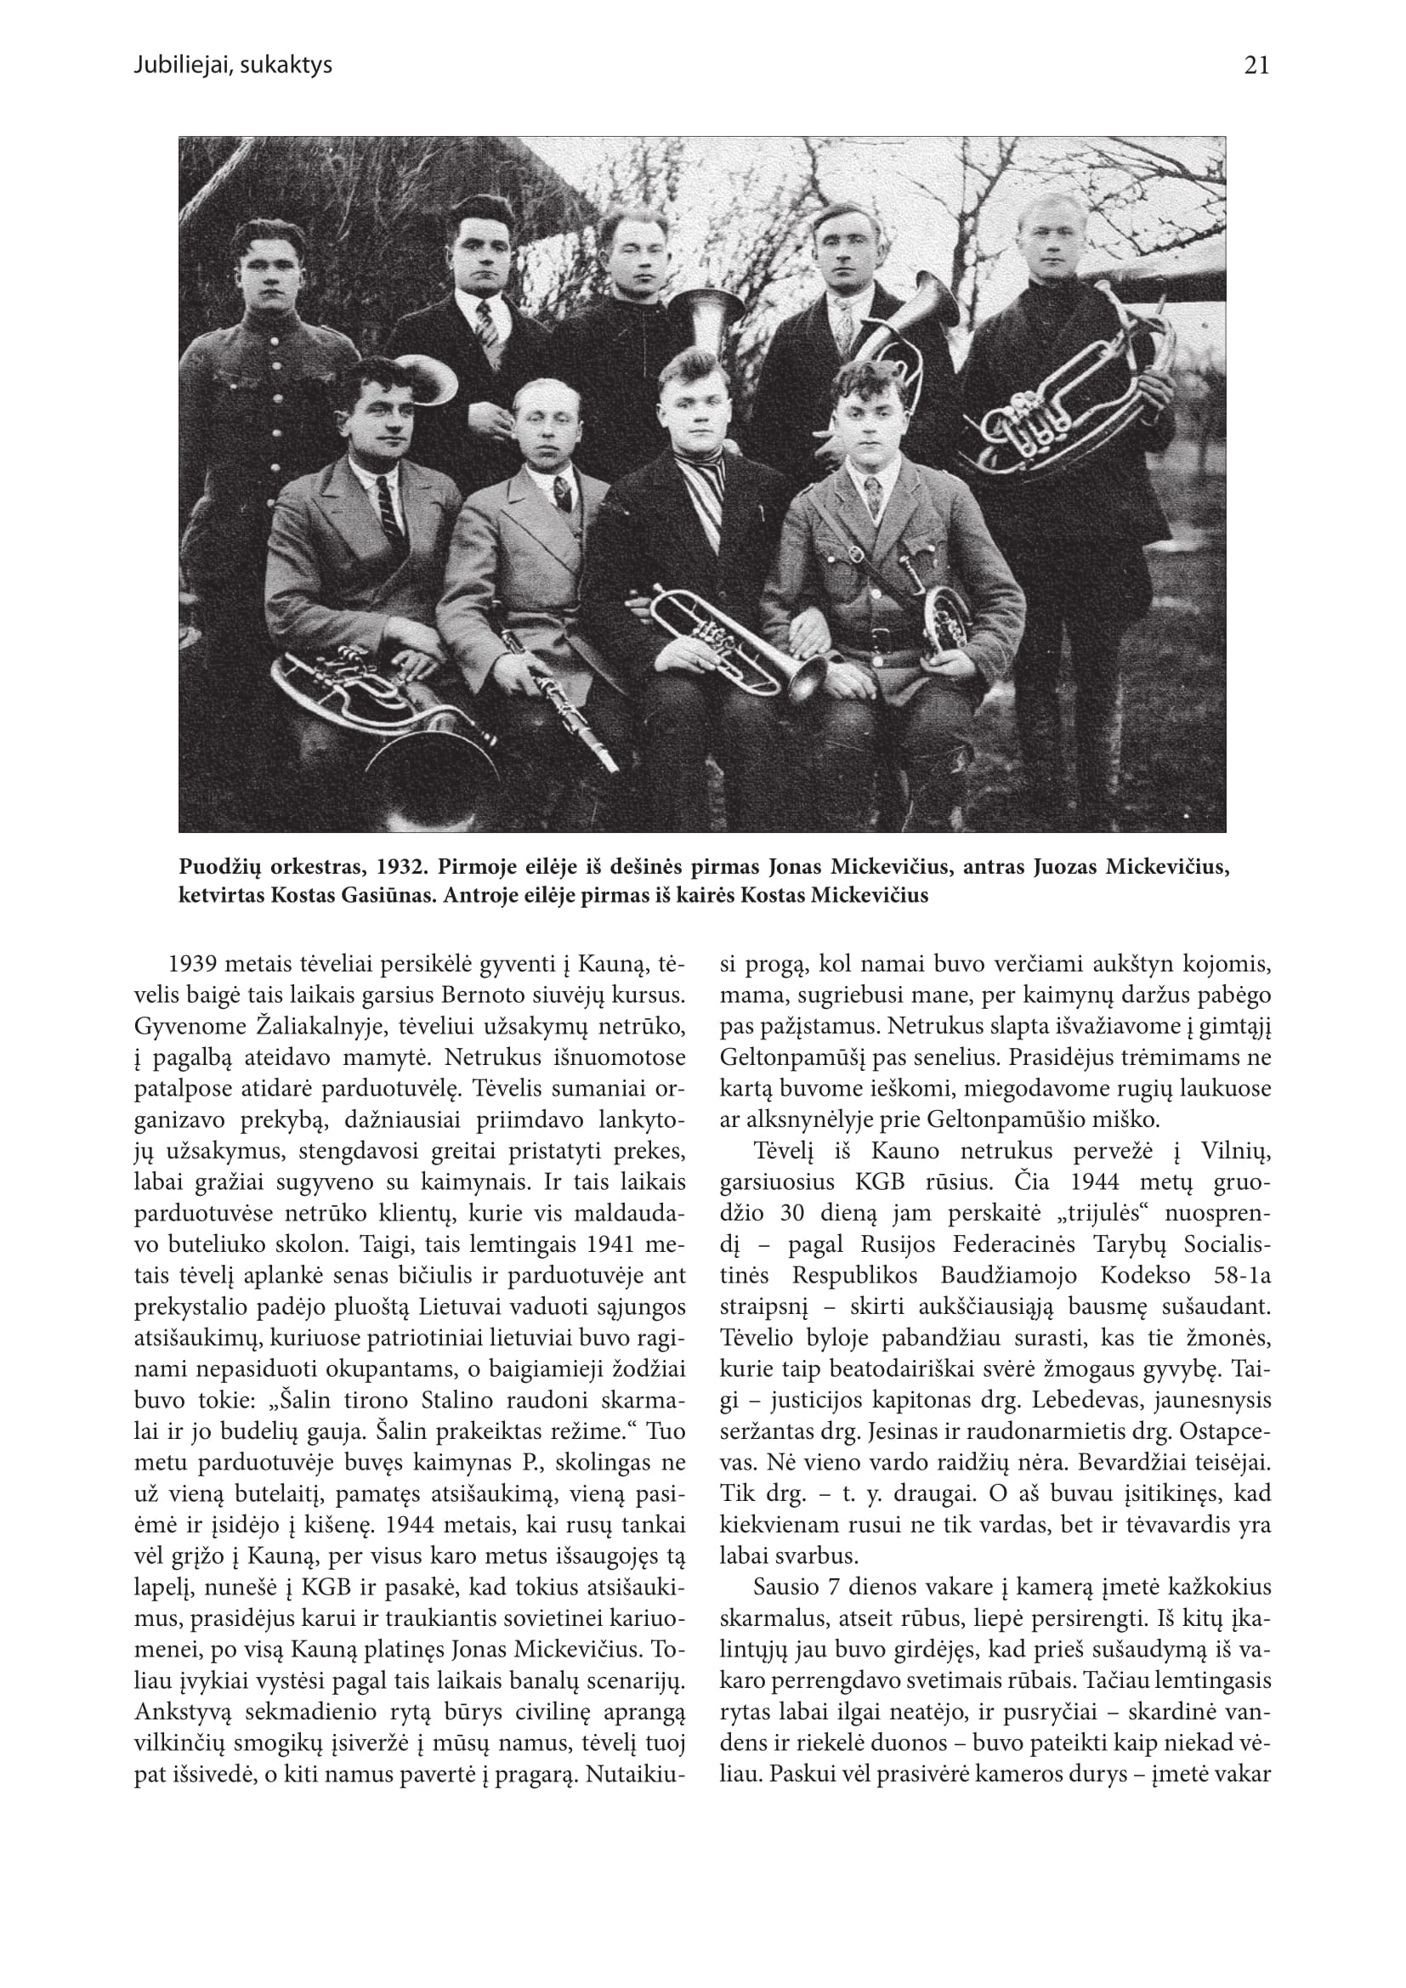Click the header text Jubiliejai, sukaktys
[233, 65]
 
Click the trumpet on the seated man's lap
[736, 642]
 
